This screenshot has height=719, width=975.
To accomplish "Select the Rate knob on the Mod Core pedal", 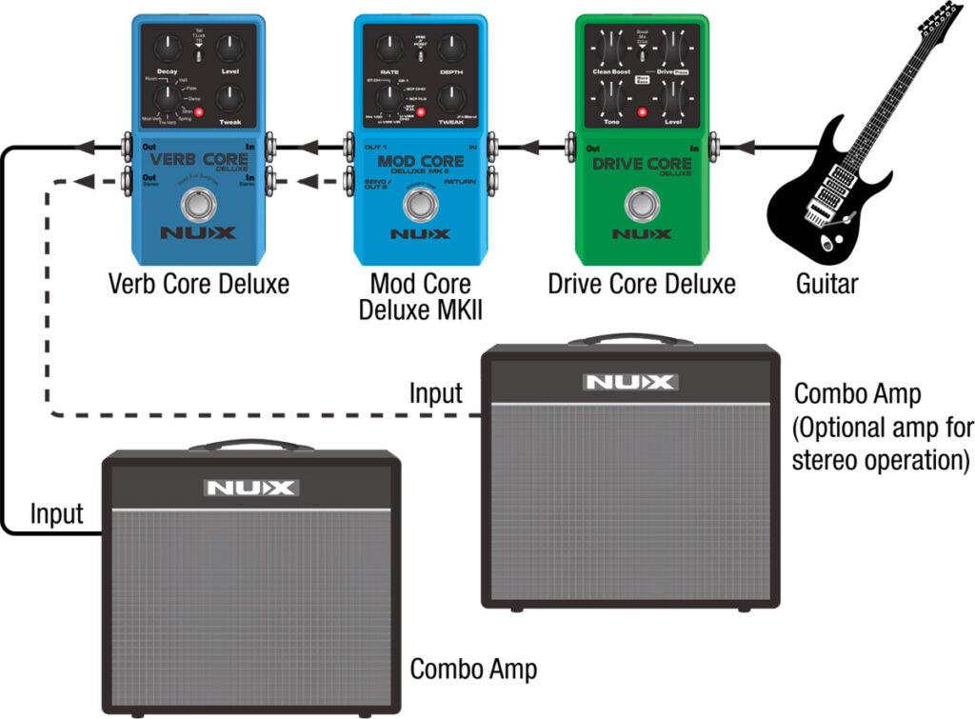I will [389, 47].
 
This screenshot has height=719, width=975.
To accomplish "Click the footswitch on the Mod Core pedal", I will [420, 205].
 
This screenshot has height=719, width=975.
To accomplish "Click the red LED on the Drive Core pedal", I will [643, 113].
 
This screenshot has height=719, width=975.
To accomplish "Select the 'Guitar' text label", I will [827, 283].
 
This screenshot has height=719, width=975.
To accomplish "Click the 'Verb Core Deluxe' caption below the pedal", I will [198, 283].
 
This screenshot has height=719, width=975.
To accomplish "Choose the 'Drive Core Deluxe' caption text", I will [642, 283].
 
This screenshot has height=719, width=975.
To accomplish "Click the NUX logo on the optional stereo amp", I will [630, 382].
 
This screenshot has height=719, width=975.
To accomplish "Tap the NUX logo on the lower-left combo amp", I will [251, 488].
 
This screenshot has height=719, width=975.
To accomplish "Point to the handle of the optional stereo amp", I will [629, 340].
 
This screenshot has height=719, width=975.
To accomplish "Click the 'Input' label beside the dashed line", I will [435, 392].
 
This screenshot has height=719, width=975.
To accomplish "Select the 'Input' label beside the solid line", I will [56, 514].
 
